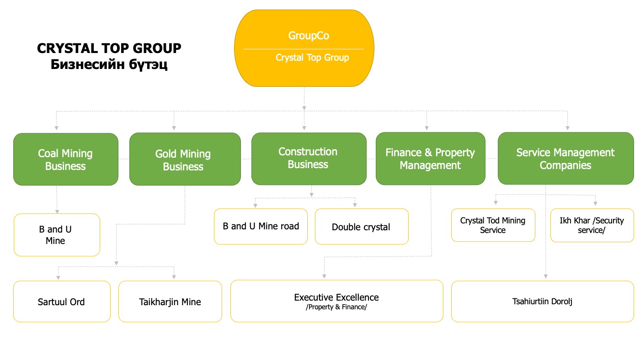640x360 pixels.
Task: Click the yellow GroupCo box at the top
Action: pos(304,48)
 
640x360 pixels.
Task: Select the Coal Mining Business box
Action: pos(65,159)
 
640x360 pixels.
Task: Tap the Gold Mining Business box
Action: pos(185,159)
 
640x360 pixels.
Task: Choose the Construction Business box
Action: pos(309,158)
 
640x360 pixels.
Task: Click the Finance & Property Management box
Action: pos(430,159)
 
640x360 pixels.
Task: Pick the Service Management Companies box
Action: pos(565,159)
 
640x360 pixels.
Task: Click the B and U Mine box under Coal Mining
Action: pos(57,235)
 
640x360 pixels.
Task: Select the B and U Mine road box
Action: pos(261,227)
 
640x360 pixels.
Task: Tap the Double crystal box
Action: pos(361,227)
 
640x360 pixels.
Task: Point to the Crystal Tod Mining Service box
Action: pos(493,225)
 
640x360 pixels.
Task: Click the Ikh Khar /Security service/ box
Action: pos(592,225)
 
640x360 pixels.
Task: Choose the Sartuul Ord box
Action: pos(62,302)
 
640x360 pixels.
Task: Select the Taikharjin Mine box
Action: pos(170,302)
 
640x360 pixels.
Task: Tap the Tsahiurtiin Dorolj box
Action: pos(542,302)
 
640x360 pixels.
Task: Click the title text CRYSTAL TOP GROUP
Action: pos(109,48)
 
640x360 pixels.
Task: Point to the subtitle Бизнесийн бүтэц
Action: pos(109,64)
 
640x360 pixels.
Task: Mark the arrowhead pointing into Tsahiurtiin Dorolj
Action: pos(545,276)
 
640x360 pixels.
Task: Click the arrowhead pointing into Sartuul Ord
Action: pos(58,276)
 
